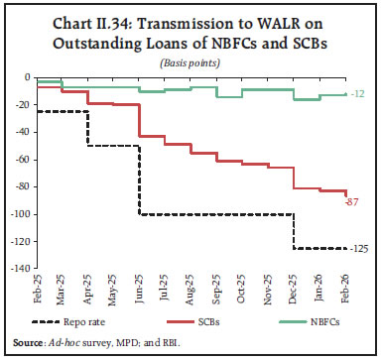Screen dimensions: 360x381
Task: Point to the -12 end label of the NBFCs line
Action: point(357,93)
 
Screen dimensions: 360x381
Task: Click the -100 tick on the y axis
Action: point(18,214)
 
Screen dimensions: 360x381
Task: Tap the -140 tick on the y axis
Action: point(18,269)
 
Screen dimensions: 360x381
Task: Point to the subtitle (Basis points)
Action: point(190,62)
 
